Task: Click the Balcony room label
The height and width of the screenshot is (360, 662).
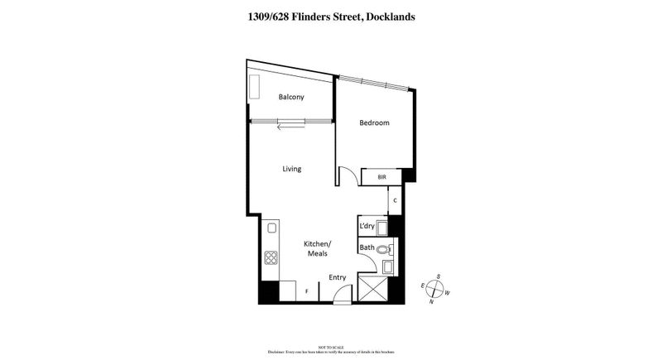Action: (x=291, y=98)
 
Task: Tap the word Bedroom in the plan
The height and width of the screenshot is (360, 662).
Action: (x=374, y=123)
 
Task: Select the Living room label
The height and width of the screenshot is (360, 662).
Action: (x=291, y=169)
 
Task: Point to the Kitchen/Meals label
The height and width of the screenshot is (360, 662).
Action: (x=319, y=248)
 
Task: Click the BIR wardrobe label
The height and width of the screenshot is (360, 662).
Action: (x=381, y=177)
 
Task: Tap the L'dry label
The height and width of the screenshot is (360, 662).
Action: (x=368, y=226)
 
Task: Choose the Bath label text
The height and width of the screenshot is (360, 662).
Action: (x=367, y=247)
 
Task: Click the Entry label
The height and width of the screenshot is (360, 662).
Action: (x=338, y=277)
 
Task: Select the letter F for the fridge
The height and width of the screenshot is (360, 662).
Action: (x=307, y=291)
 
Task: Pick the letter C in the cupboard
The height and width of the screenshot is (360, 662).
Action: (x=396, y=200)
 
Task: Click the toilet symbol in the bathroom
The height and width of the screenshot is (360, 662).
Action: (x=383, y=248)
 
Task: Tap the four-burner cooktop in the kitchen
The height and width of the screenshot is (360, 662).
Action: (x=271, y=258)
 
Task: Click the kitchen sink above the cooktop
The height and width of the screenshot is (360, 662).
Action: (x=270, y=234)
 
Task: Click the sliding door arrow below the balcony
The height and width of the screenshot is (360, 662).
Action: (x=290, y=127)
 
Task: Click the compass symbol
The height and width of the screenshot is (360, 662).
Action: (x=435, y=289)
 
